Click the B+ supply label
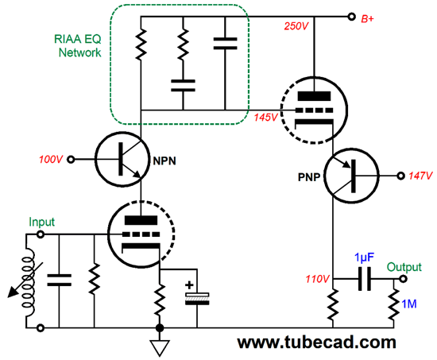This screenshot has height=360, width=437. [x=368, y=19]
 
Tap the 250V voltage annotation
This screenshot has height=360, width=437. [x=296, y=26]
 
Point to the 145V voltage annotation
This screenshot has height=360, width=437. [x=265, y=118]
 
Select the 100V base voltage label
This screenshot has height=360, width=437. [x=51, y=160]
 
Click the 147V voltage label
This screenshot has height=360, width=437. [x=420, y=176]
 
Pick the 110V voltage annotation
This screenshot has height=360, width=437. [x=318, y=279]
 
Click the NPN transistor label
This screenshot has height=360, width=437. [x=164, y=161]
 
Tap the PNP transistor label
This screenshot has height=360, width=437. [x=309, y=177]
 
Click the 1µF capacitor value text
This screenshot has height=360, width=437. [x=364, y=258]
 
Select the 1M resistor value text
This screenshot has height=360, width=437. [x=409, y=304]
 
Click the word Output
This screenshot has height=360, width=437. [x=404, y=267]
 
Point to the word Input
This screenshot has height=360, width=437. [x=42, y=223]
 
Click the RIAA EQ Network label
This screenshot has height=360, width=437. [x=78, y=46]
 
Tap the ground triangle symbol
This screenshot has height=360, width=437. [x=160, y=348]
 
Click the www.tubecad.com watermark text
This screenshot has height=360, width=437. [x=316, y=343]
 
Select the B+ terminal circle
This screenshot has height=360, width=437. [x=352, y=17]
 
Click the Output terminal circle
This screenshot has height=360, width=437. [x=403, y=279]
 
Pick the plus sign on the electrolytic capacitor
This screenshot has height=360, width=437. [x=189, y=285]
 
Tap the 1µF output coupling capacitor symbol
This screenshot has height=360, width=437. [x=365, y=279]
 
